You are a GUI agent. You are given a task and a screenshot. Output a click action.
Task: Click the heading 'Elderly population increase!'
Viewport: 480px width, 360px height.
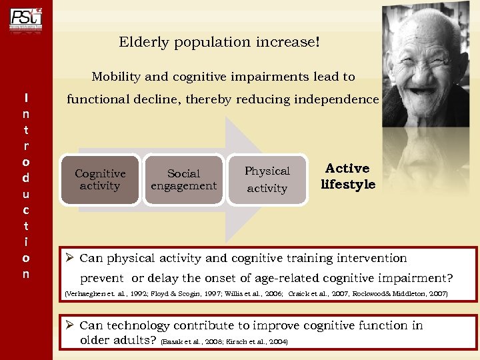(x=219, y=42)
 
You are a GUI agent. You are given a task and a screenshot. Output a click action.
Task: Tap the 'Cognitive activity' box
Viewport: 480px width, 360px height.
(x=99, y=179)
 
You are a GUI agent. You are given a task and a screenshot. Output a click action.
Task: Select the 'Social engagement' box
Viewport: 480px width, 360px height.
(x=183, y=180)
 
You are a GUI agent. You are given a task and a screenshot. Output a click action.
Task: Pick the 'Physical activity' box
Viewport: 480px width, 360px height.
(x=267, y=179)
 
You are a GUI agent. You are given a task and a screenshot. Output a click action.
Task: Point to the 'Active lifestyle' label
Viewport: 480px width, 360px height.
(x=348, y=177)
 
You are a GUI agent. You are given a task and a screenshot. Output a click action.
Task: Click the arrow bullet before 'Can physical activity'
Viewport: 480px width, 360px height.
(x=68, y=258)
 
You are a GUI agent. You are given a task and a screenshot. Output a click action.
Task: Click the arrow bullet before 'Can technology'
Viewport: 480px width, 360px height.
(x=68, y=325)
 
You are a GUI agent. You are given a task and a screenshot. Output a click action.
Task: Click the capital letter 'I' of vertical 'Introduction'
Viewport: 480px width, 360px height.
(x=25, y=98)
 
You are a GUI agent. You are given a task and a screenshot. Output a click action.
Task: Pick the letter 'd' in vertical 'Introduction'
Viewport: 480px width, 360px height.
(x=25, y=177)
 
